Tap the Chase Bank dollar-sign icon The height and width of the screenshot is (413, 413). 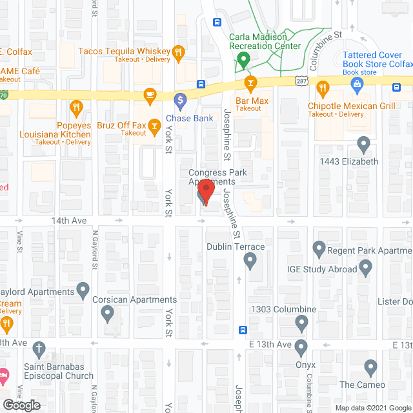[180, 101]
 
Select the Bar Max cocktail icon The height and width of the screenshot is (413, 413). [250, 83]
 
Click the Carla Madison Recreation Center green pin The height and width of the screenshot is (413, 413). [243, 61]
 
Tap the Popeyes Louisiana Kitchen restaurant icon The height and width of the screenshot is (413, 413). [76, 107]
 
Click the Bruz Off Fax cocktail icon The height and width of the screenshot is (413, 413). [154, 125]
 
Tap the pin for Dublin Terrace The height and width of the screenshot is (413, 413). [251, 260]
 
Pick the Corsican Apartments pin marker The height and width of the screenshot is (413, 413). [108, 314]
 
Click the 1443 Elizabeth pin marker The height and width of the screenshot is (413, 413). [364, 143]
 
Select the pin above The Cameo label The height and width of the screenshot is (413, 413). [370, 368]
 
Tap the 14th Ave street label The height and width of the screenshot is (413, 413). [69, 221]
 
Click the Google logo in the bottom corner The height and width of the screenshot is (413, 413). [22, 405]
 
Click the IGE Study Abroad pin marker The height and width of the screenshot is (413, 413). [365, 266]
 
